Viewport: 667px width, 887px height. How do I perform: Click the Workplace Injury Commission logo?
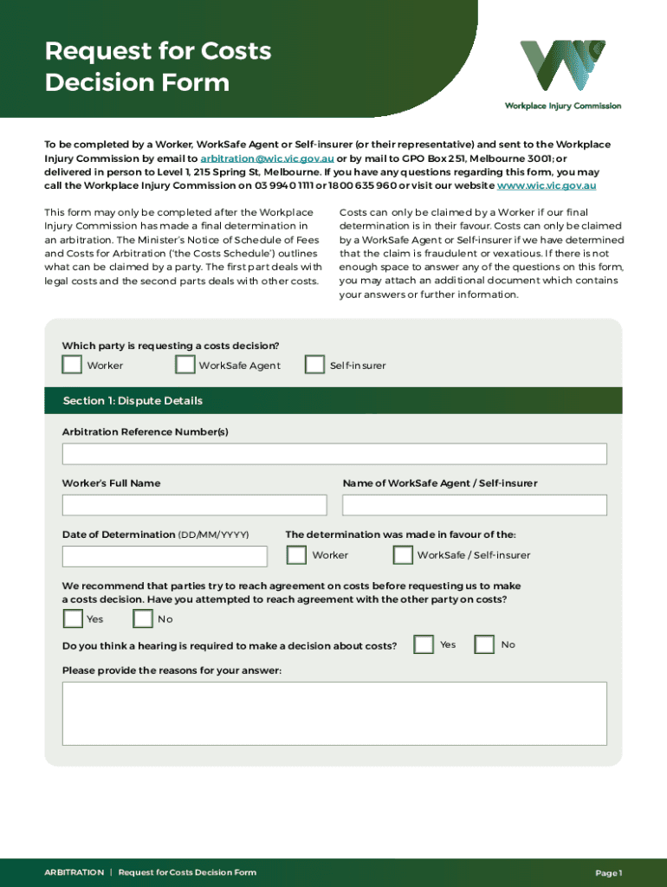562,74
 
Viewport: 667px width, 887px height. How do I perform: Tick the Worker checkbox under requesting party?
72,365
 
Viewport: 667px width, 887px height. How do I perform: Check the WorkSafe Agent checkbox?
185,365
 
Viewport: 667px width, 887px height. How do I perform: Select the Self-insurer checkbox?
314,365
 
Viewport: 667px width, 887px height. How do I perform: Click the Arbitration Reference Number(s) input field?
333,454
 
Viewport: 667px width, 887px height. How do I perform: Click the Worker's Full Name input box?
194,505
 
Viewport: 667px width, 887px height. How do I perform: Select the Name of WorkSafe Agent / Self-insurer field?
474,505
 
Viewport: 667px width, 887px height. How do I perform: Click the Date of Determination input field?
165,556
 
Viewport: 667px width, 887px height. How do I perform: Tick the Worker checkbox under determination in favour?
296,554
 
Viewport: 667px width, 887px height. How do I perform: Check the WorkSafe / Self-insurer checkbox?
403,554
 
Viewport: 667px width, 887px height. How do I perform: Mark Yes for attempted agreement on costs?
73,618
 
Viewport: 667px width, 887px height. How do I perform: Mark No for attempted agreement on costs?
143,618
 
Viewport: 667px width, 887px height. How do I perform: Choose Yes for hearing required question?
424,644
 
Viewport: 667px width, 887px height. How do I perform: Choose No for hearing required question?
485,644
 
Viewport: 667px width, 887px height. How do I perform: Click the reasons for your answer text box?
333,713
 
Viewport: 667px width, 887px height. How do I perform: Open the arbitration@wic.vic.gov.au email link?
267,159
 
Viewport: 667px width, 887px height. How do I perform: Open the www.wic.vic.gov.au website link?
546,185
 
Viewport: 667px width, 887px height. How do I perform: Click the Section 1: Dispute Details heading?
133,401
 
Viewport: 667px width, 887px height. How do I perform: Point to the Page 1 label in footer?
608,873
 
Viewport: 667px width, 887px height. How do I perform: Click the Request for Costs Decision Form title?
158,68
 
